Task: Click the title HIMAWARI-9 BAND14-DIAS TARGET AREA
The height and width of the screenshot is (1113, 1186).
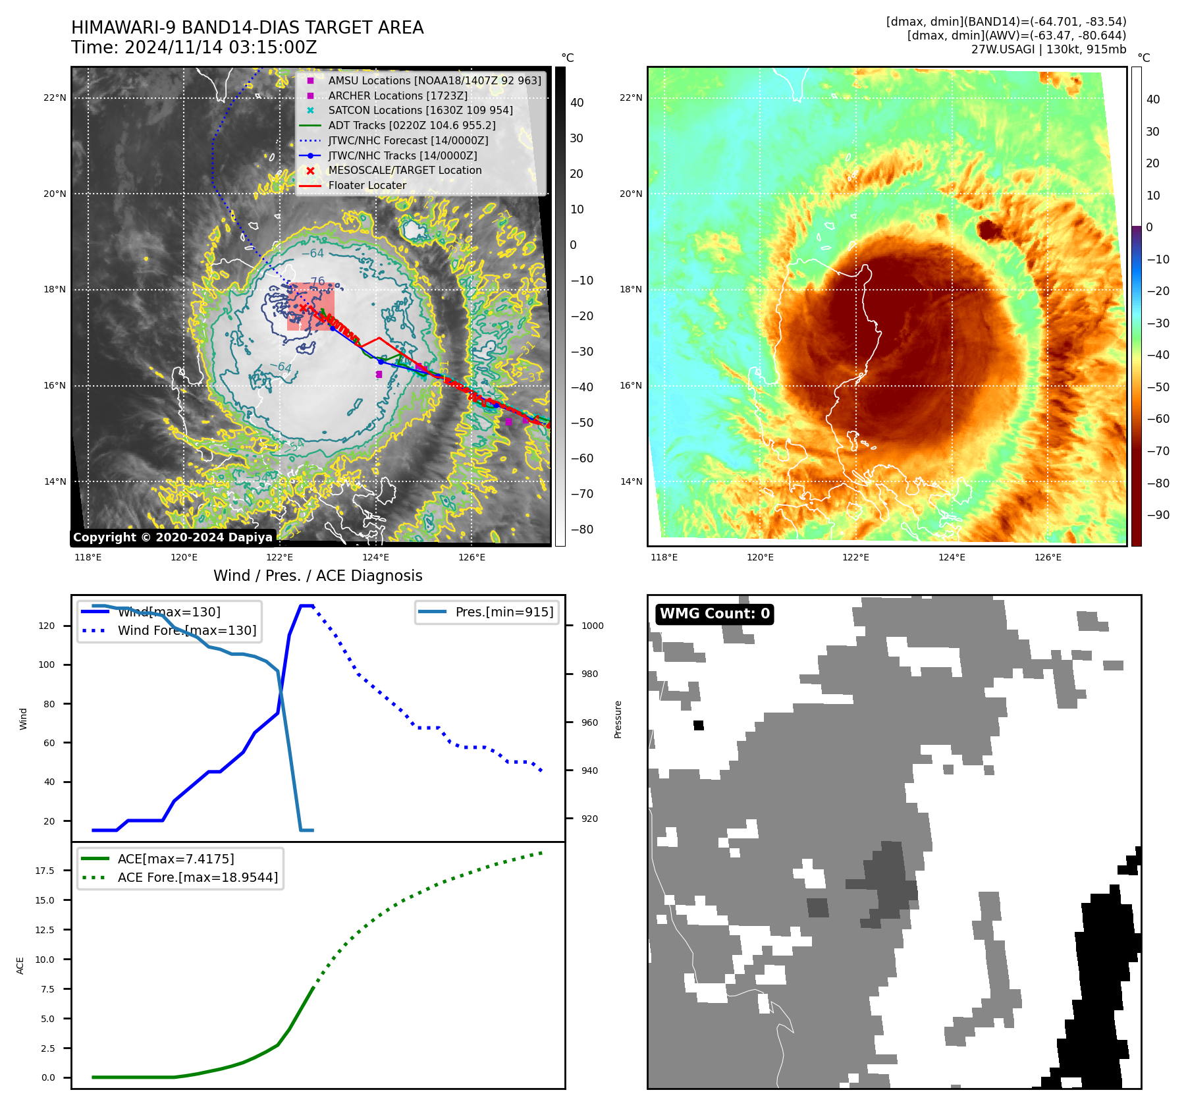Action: pyautogui.click(x=247, y=28)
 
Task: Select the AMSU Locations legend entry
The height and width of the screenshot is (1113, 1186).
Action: pyautogui.click(x=434, y=80)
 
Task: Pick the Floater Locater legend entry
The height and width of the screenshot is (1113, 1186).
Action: pyautogui.click(x=367, y=185)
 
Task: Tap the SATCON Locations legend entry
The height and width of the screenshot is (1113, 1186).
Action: pyautogui.click(x=420, y=110)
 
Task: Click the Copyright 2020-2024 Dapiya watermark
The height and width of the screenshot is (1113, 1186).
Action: pyautogui.click(x=173, y=537)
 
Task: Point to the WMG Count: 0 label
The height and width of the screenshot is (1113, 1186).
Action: pyautogui.click(x=714, y=614)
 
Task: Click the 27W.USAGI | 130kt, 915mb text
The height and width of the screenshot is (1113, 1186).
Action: pyautogui.click(x=1048, y=49)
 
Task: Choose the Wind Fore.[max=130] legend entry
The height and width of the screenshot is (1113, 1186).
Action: pyautogui.click(x=186, y=630)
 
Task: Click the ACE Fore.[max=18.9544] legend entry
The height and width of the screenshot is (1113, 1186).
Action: pyautogui.click(x=198, y=877)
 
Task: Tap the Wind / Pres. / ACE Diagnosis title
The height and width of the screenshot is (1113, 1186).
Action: pyautogui.click(x=317, y=576)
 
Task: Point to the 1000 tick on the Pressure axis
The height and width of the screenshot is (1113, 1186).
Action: pyautogui.click(x=592, y=626)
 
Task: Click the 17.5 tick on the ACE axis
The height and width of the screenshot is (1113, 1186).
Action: pyautogui.click(x=45, y=871)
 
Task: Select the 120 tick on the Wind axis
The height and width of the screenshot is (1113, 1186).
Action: pyautogui.click(x=47, y=626)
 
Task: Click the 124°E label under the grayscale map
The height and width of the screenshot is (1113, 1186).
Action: pyautogui.click(x=375, y=557)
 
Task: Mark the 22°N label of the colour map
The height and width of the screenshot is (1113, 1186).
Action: pyautogui.click(x=631, y=98)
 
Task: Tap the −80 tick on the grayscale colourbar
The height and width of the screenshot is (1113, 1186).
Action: pyautogui.click(x=581, y=529)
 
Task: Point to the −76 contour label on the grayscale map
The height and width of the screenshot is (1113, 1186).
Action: pyautogui.click(x=317, y=281)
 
